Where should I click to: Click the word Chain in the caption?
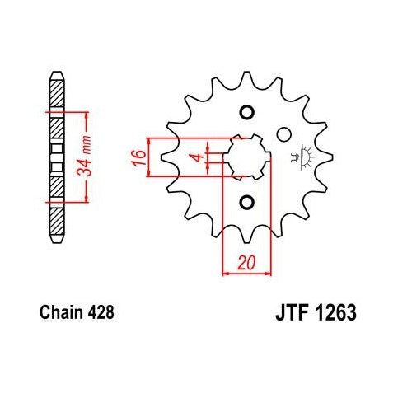[x=59, y=313]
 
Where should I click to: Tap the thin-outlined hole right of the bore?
[x=284, y=133]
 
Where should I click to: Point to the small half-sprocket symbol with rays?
[x=302, y=155]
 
